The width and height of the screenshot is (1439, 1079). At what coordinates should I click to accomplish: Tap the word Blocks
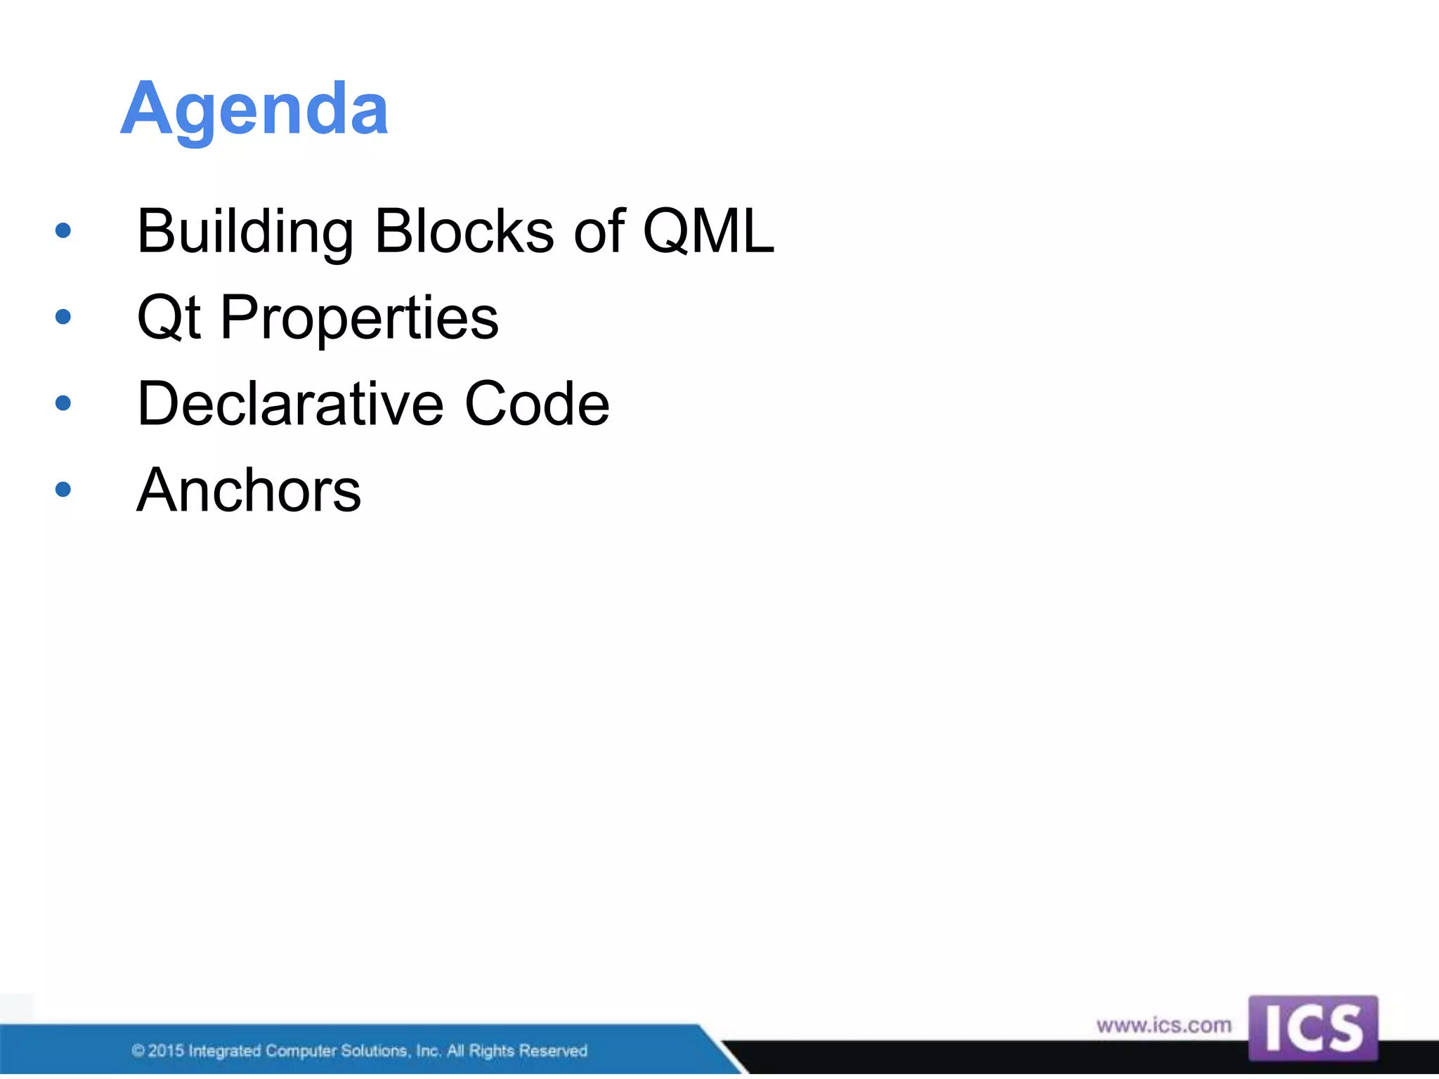tap(464, 232)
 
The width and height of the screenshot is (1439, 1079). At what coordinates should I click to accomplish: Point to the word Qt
tap(169, 318)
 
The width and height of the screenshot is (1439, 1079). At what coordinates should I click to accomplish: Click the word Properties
tap(359, 318)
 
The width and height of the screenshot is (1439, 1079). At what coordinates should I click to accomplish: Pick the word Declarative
tap(290, 404)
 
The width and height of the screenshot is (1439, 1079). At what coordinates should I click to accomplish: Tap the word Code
tap(537, 404)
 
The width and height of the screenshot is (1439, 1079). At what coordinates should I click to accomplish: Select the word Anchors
tap(249, 490)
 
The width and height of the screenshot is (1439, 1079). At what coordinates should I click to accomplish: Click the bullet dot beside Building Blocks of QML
tap(63, 230)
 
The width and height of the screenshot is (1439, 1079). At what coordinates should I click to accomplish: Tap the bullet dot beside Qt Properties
tap(63, 317)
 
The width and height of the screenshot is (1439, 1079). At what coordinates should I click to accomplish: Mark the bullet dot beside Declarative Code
tap(63, 403)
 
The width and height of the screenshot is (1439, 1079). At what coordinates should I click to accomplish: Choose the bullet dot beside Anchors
tap(63, 489)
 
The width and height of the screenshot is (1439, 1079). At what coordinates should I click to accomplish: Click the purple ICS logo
tap(1313, 1028)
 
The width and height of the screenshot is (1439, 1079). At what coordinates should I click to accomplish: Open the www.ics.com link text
tap(1164, 1026)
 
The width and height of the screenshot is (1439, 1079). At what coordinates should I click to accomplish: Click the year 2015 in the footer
tap(166, 1051)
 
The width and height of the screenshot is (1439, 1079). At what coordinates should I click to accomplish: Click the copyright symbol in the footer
tap(138, 1051)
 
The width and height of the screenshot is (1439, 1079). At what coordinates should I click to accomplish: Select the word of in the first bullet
tap(599, 232)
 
